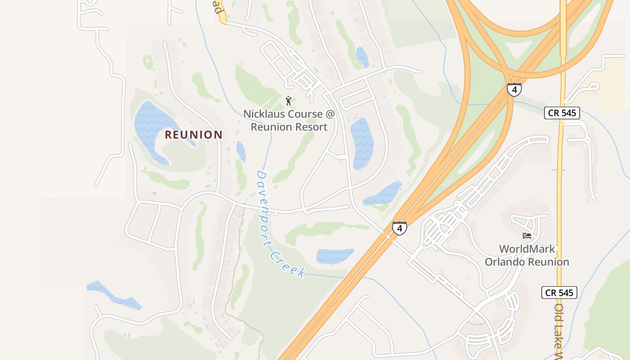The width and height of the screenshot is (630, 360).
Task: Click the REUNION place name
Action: click(x=193, y=135)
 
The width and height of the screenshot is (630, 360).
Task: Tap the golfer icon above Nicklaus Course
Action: click(x=289, y=100)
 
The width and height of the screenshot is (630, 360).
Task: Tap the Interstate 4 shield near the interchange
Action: click(x=514, y=89)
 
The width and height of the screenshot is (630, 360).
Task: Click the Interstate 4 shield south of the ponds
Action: click(x=399, y=228)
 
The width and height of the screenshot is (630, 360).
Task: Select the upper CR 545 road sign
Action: click(x=562, y=113)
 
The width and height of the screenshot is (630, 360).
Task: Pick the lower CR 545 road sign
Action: click(x=559, y=293)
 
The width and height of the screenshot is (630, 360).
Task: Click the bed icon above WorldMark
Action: click(x=527, y=236)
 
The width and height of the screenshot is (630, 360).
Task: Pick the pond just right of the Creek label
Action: click(x=334, y=256)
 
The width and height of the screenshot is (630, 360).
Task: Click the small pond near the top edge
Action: click(x=362, y=57)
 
